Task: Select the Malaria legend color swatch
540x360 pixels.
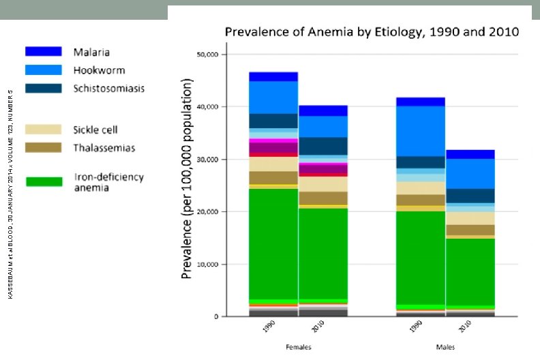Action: (44, 52)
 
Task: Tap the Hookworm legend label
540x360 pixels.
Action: (99, 70)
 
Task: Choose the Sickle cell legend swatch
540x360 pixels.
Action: (44, 129)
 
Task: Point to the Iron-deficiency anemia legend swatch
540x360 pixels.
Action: (44, 181)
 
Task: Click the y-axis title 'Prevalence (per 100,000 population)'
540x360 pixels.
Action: (187, 179)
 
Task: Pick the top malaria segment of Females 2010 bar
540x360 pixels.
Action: (323, 110)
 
